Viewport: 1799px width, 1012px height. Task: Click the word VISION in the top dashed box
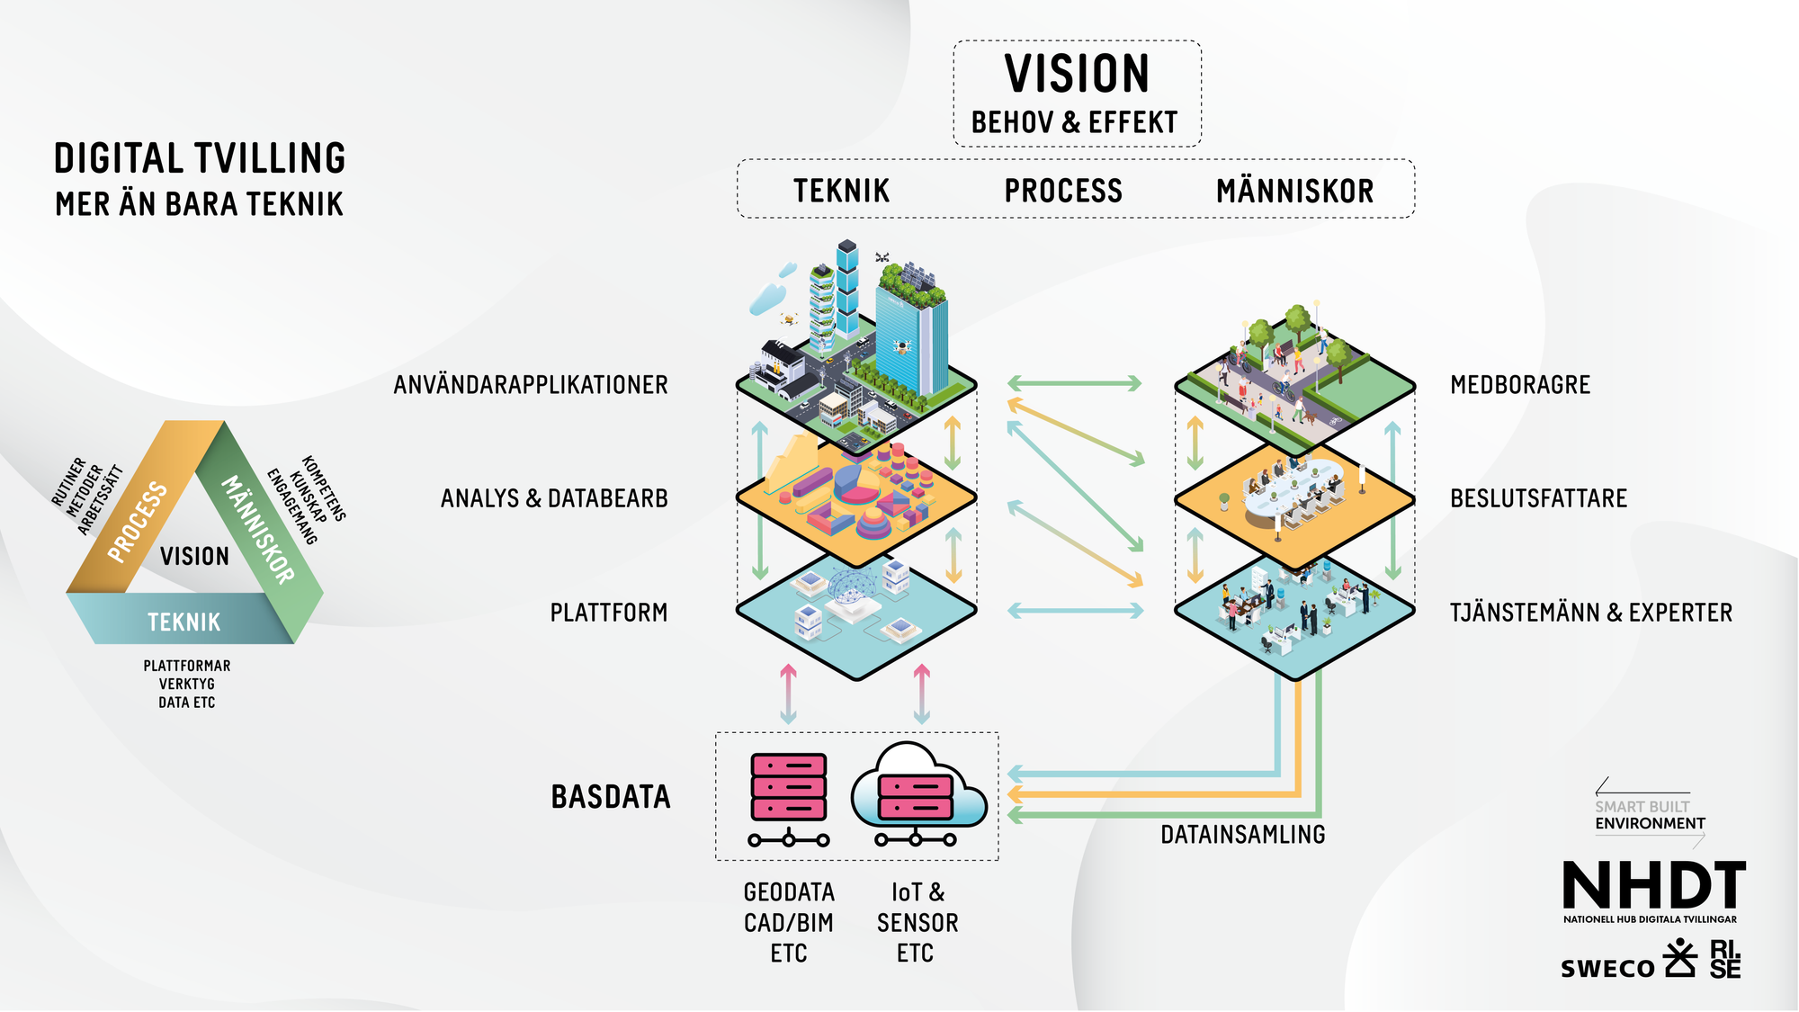coord(1077,74)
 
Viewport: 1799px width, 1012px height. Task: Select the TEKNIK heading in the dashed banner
coord(841,191)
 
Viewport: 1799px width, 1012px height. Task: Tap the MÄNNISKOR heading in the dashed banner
coord(1294,191)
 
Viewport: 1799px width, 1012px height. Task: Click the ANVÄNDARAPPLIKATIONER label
coord(531,385)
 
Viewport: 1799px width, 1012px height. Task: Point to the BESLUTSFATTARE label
coord(1538,498)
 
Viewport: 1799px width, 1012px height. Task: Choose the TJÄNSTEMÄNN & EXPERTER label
coord(1590,613)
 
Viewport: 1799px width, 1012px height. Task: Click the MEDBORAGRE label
coord(1520,385)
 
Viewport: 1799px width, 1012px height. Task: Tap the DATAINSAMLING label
coord(1242,835)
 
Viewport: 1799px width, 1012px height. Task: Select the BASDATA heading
coord(611,797)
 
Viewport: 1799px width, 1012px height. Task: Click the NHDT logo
coord(1653,885)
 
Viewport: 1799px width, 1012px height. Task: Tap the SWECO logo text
coord(1607,968)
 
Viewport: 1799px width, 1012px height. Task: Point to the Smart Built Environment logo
coord(1649,814)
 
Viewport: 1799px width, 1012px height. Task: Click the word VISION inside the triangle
coord(194,556)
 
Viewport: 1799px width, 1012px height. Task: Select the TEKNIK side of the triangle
coord(184,622)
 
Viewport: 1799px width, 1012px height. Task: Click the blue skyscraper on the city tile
coord(913,342)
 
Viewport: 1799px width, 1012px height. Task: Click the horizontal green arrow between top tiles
coord(1074,384)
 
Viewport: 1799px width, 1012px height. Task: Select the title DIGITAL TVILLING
coord(200,158)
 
